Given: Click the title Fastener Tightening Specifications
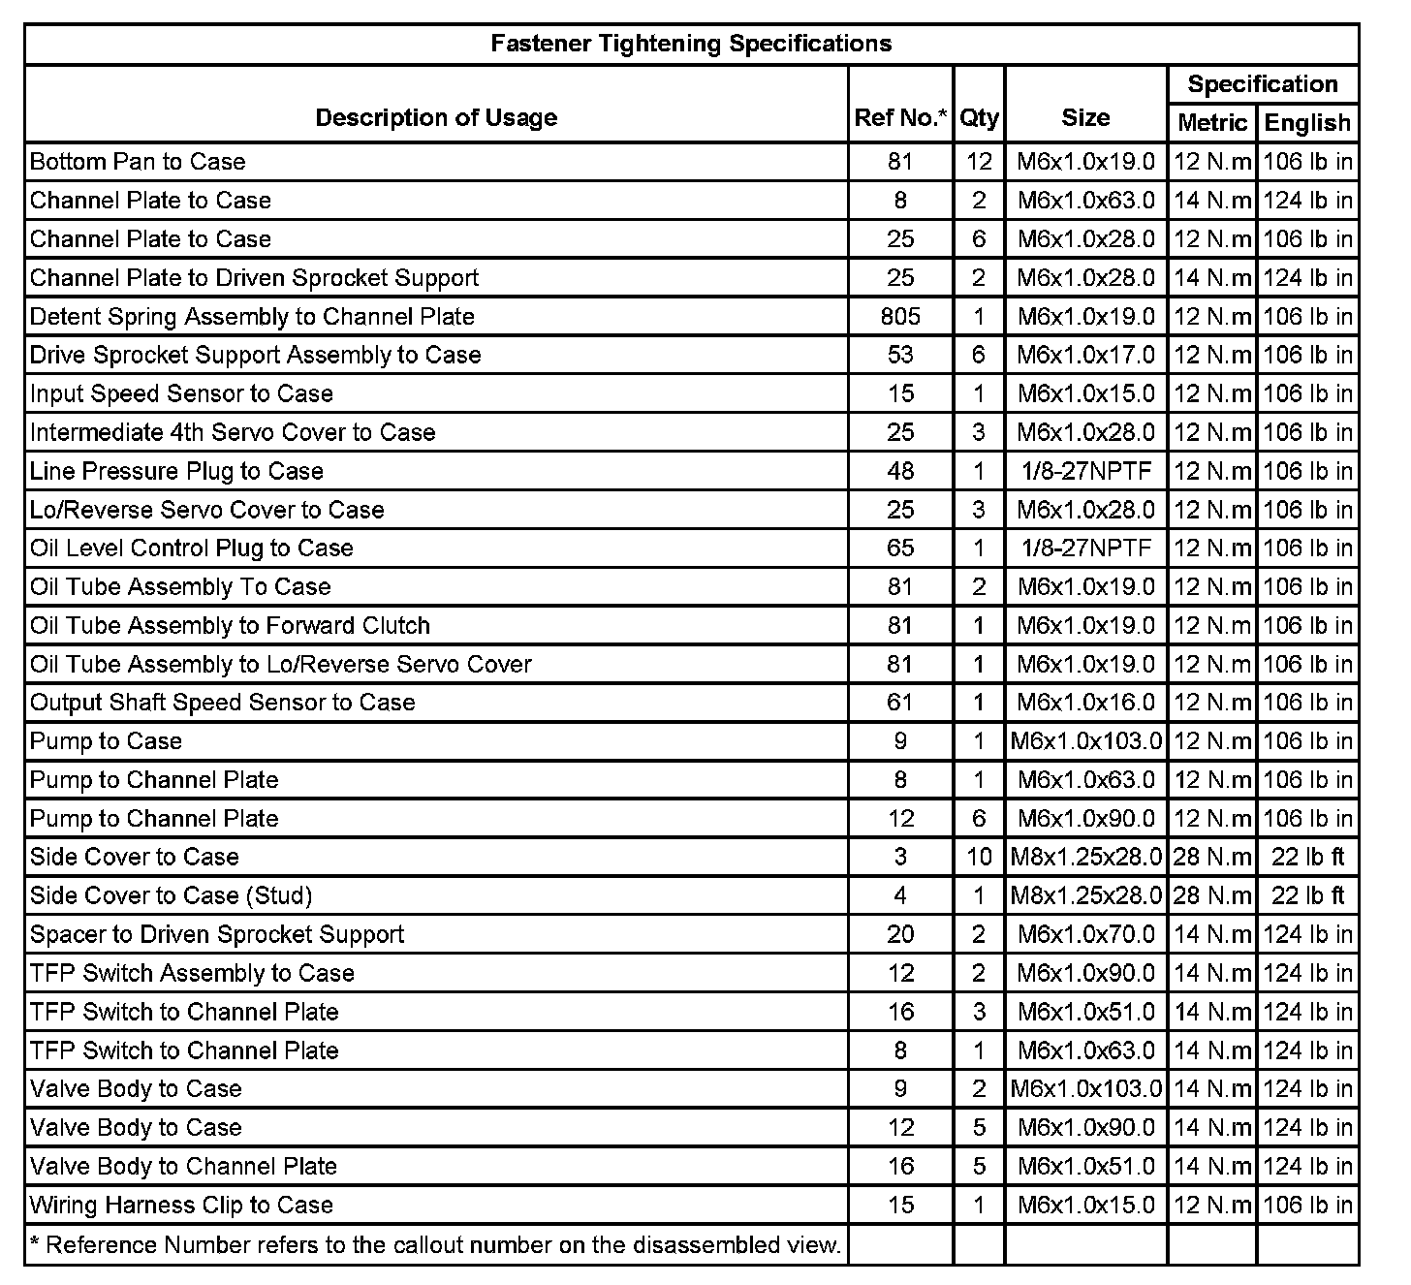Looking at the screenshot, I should (691, 44).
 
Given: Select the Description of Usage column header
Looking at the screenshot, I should (436, 118).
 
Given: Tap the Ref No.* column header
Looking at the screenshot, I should (900, 118).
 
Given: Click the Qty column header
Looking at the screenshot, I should (979, 118).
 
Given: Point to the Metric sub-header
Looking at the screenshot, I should (1211, 123).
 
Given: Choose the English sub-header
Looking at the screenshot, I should (1307, 123).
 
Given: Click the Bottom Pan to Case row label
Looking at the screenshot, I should (138, 162).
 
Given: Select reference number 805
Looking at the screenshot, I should (900, 316).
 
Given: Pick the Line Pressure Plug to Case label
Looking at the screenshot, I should (176, 471).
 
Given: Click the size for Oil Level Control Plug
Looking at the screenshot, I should (1085, 548).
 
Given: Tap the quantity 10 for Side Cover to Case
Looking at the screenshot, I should (979, 857).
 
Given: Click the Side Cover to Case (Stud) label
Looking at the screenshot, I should (171, 895).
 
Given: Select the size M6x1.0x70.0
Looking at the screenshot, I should (1085, 934).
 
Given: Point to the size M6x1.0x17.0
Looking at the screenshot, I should (1085, 355).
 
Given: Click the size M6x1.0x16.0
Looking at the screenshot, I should (1085, 703).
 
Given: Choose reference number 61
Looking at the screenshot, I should (900, 703).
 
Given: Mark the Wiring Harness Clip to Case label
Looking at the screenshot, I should (181, 1205).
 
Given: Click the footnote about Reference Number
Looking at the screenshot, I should (435, 1244).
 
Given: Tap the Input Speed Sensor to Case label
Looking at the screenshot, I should (181, 393).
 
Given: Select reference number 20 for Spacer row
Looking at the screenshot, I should (900, 934).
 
